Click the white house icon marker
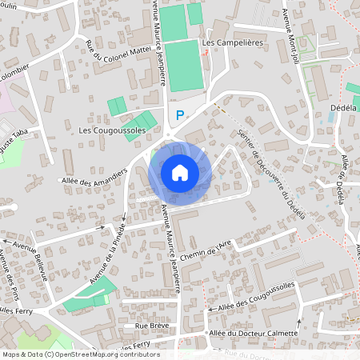pyautogui.click(x=180, y=173)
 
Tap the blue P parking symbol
pyautogui.click(x=180, y=115)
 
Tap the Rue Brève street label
pyautogui.click(x=151, y=326)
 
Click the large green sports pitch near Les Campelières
pyautogui.click(x=184, y=65)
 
